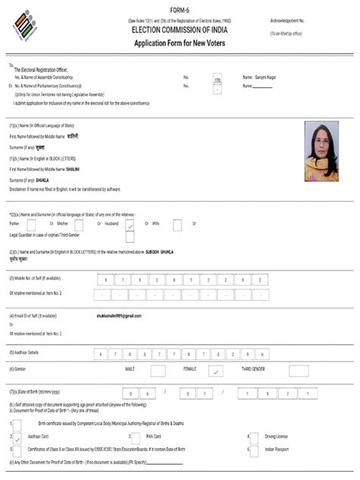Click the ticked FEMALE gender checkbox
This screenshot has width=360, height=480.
[216, 371]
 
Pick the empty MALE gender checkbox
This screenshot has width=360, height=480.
[158, 371]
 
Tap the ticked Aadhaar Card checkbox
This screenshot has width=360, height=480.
[17, 438]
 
